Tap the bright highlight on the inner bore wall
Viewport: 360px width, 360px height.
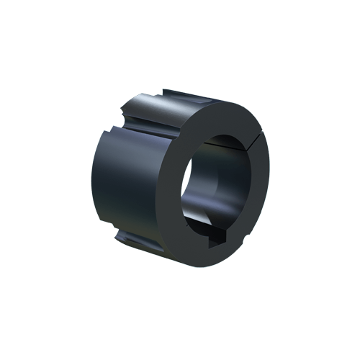coord(193,209)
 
